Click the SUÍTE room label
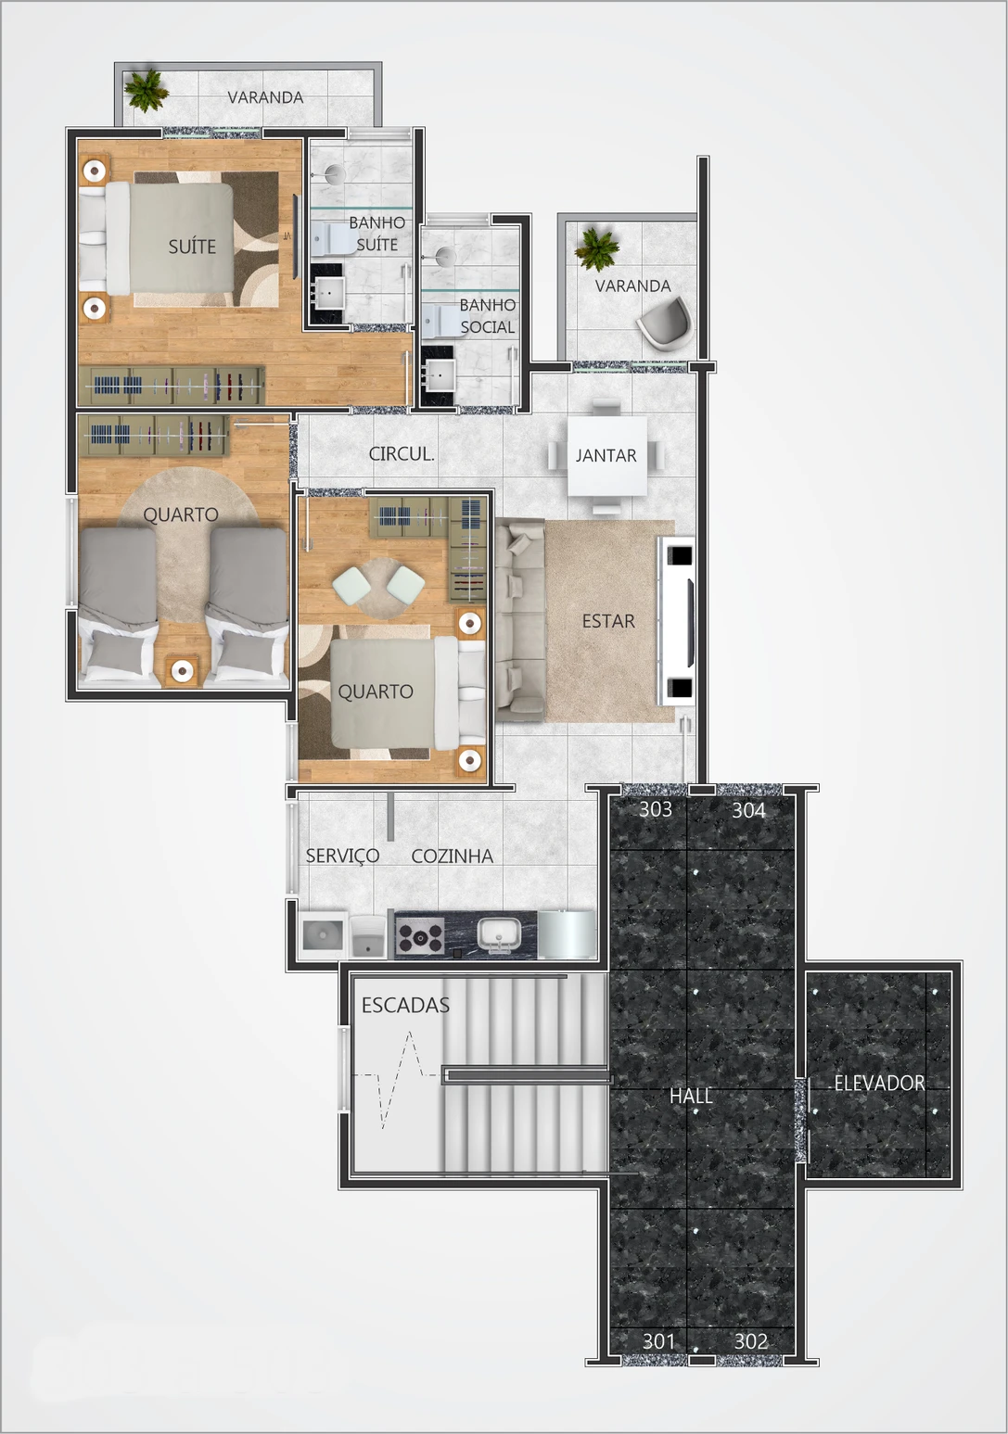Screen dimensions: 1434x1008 (x=192, y=247)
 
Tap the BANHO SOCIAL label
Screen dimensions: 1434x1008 (x=487, y=316)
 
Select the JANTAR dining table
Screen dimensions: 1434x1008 (x=606, y=455)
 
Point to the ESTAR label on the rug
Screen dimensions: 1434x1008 (x=608, y=621)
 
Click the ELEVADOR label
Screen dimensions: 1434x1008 (x=879, y=1083)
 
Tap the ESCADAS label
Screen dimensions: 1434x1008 (x=405, y=1005)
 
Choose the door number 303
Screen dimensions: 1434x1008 (x=656, y=809)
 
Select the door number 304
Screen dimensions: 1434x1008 (x=748, y=810)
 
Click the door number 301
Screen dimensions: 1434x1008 (x=658, y=1340)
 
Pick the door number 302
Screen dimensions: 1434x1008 (x=750, y=1340)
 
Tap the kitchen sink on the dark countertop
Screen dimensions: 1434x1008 (x=500, y=935)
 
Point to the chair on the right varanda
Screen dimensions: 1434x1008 (x=665, y=324)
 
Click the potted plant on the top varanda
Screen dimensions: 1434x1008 (x=146, y=90)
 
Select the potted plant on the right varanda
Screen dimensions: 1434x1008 (x=595, y=247)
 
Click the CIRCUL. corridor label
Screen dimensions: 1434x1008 (x=401, y=454)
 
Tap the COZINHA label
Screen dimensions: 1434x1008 (x=452, y=857)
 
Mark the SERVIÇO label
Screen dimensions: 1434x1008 (x=342, y=857)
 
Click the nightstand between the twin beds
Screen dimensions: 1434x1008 (x=183, y=670)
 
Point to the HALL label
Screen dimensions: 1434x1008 (x=691, y=1096)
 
